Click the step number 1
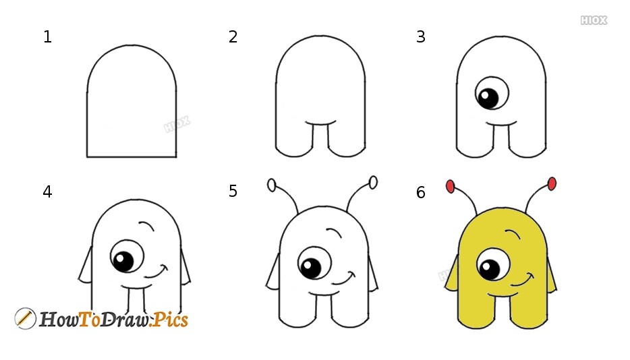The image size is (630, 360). pyautogui.click(x=47, y=37)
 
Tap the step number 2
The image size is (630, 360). pyautogui.click(x=233, y=37)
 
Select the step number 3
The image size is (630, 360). pyautogui.click(x=421, y=37)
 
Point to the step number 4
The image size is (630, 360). pyautogui.click(x=47, y=192)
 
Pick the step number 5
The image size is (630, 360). pyautogui.click(x=233, y=192)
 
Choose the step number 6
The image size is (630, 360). pyautogui.click(x=421, y=193)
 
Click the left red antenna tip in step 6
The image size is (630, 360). pyautogui.click(x=450, y=186)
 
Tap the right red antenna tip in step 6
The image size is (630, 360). pyautogui.click(x=552, y=183)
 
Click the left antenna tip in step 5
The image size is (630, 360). pyautogui.click(x=271, y=184)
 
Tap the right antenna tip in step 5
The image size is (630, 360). pyautogui.click(x=373, y=182)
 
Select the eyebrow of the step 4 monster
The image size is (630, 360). pyautogui.click(x=147, y=227)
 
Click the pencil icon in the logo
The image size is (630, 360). pyautogui.click(x=25, y=318)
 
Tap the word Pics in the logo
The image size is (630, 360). pyautogui.click(x=169, y=320)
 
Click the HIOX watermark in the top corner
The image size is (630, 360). pyautogui.click(x=594, y=21)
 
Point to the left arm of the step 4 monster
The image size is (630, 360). pyautogui.click(x=86, y=266)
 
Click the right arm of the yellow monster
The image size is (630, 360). pyautogui.click(x=550, y=276)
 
